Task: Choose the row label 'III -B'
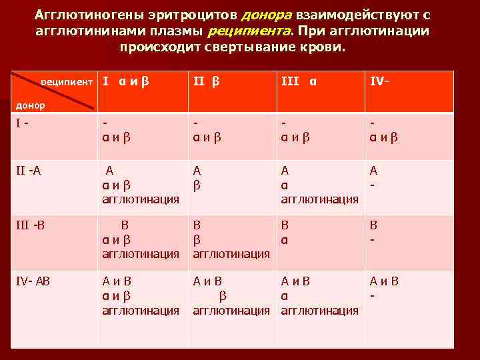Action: (30, 225)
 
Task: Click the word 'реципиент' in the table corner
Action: (67, 82)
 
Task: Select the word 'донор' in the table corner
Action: (31, 105)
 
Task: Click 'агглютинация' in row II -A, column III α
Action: (319, 199)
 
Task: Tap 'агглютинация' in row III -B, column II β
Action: (231, 253)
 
